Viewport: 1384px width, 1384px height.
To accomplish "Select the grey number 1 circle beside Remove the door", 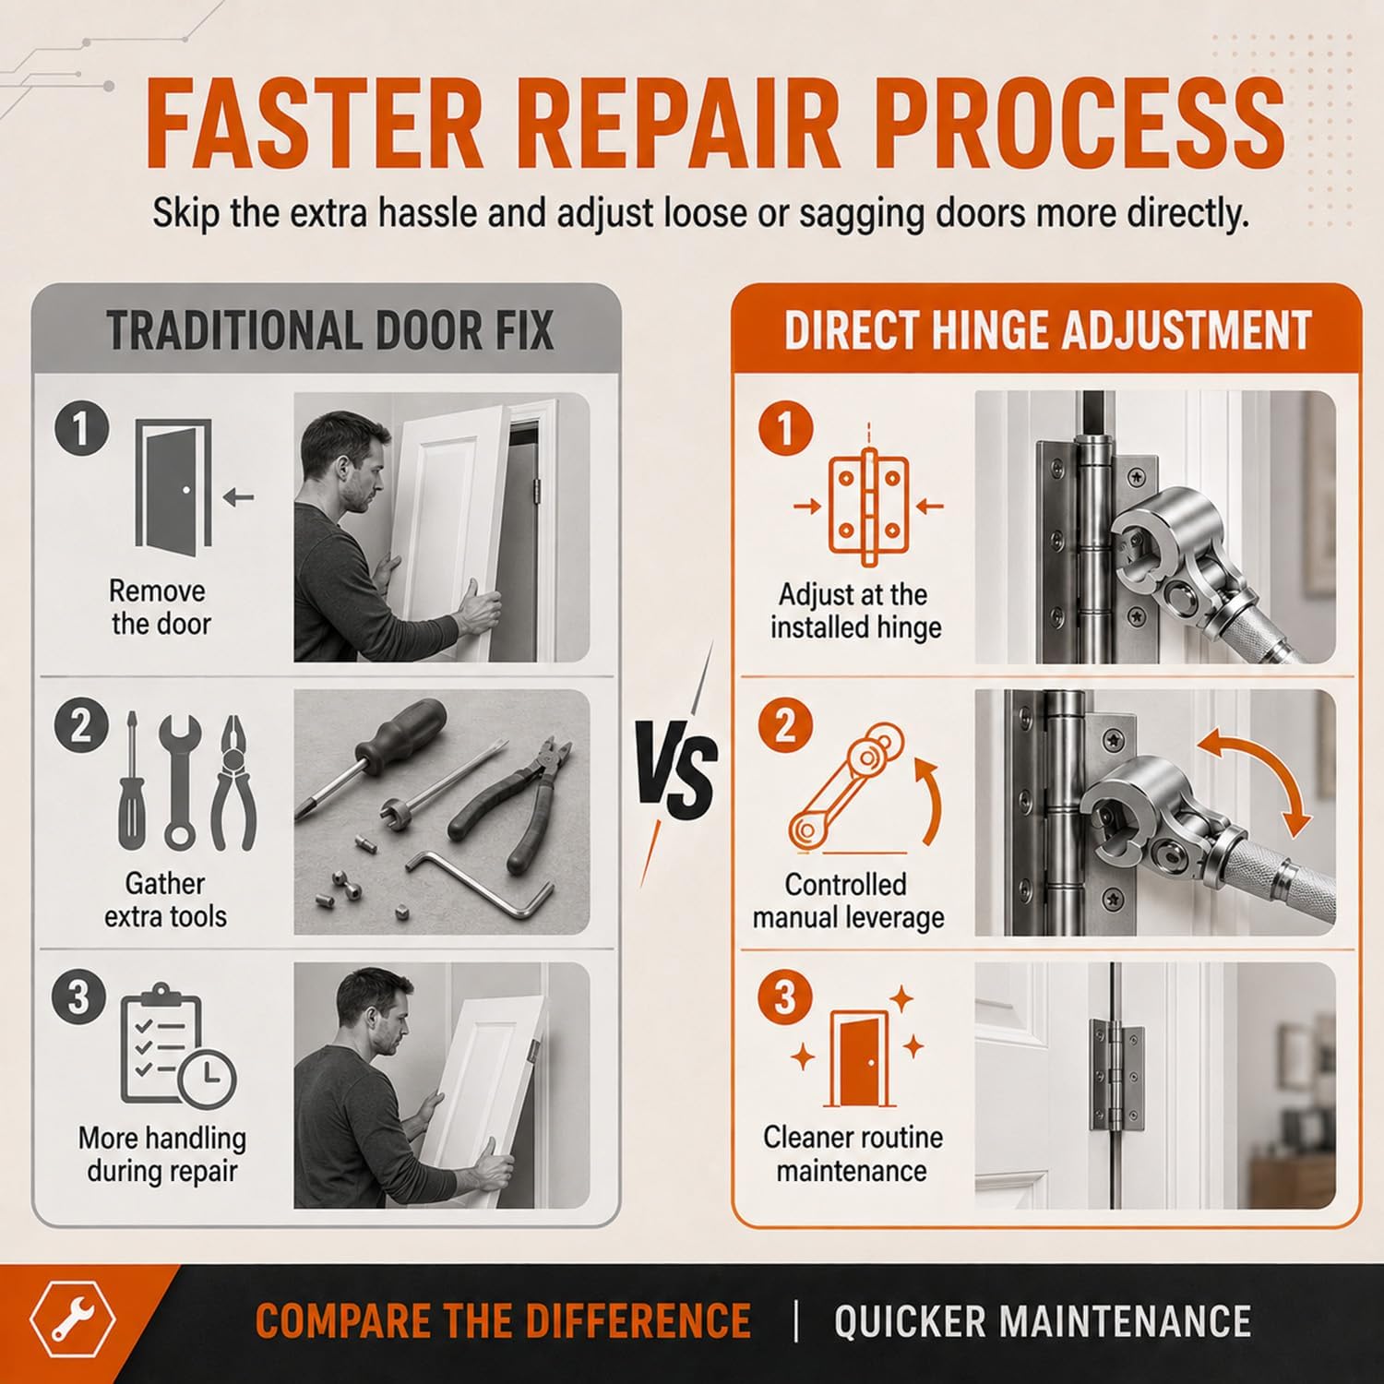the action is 81,429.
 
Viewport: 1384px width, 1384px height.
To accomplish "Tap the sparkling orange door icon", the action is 858,1049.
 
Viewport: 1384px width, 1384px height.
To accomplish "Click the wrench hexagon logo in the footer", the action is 73,1321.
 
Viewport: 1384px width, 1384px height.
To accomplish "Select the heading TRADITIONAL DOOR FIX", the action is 329,331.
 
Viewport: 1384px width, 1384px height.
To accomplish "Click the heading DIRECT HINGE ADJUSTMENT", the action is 1047,331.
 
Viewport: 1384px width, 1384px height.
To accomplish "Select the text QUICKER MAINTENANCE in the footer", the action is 1043,1321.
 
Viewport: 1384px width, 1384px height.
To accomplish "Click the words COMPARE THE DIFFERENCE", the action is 503,1321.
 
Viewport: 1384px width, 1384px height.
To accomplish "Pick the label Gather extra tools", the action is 165,900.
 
